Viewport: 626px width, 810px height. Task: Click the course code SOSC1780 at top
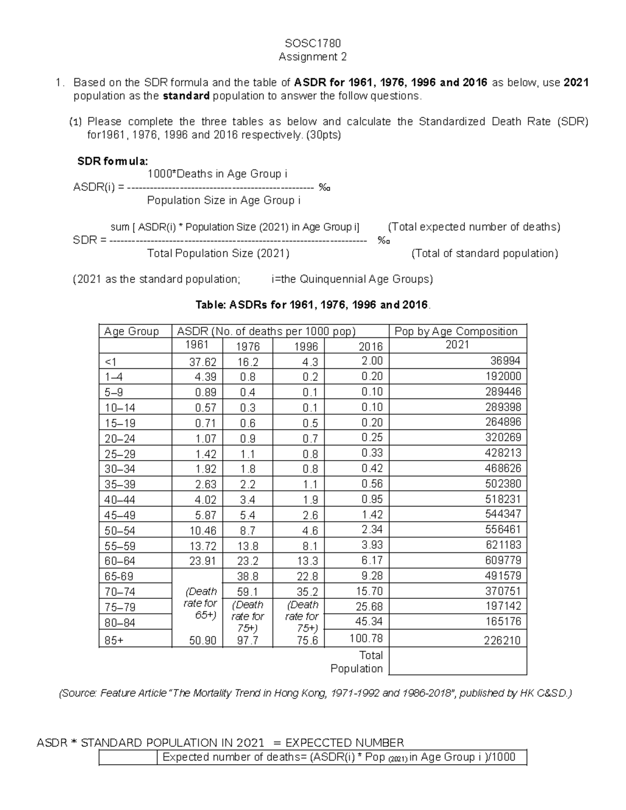[x=312, y=43]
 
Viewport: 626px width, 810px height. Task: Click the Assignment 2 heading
[x=312, y=57]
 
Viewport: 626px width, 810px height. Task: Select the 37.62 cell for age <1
[x=202, y=362]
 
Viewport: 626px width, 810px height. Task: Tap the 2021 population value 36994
[x=505, y=361]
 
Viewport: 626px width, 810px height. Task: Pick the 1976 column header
[x=247, y=347]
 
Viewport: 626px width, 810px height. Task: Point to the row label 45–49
[x=120, y=515]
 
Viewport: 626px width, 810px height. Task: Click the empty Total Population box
[x=458, y=661]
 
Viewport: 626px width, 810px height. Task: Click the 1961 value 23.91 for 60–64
[x=202, y=562]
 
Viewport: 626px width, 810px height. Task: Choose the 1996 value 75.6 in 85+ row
[x=307, y=641]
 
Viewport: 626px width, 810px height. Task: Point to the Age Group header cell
[x=131, y=332]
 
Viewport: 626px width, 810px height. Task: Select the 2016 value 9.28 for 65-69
[x=372, y=576]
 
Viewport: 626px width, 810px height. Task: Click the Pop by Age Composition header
[x=456, y=331]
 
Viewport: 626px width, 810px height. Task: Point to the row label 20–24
[x=120, y=439]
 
